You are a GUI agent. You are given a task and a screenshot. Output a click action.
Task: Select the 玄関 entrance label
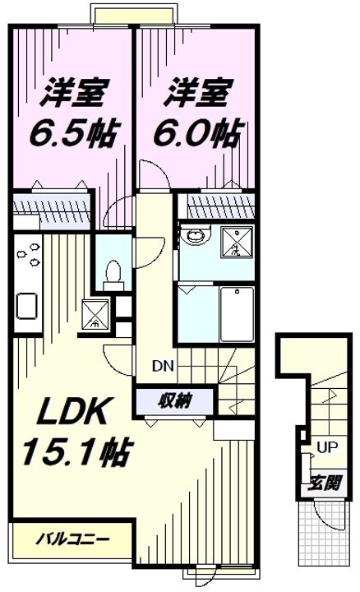322,482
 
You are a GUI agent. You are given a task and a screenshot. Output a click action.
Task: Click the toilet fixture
114,271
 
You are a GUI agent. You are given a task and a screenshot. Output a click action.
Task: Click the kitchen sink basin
28,306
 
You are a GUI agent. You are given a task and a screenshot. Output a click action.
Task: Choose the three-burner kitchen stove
28,254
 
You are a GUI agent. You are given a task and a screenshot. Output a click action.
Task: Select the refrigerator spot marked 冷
95,312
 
